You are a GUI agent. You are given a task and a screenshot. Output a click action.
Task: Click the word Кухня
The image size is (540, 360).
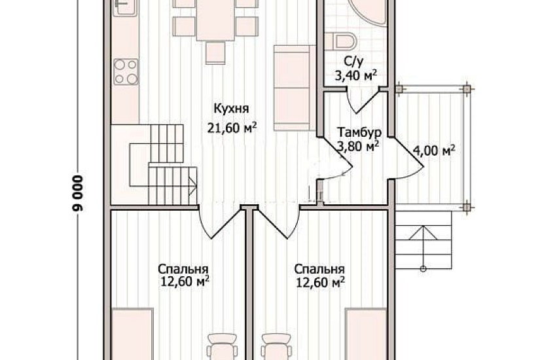(231, 109)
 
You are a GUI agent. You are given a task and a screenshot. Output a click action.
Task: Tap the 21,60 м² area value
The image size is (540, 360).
(232, 128)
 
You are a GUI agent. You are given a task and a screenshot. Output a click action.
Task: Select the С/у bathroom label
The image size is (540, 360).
(353, 62)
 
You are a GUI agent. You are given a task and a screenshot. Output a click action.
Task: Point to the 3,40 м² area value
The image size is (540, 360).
(356, 75)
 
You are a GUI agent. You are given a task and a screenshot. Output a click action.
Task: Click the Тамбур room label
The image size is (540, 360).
(359, 133)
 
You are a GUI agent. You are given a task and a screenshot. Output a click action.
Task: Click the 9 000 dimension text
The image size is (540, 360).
(78, 193)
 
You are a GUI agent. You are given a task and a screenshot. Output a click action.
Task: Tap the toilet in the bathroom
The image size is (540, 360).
(344, 41)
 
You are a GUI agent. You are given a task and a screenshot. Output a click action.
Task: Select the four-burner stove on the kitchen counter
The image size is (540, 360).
(126, 71)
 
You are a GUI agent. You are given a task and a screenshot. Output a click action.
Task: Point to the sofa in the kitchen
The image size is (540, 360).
(295, 88)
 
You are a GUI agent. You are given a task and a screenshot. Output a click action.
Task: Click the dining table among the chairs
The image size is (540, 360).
(215, 20)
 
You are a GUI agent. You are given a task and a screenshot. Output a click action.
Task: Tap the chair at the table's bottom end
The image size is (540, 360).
(215, 53)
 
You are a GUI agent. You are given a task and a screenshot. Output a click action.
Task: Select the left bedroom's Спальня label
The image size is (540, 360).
(183, 269)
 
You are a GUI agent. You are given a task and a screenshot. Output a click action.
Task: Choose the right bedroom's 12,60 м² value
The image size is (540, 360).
(321, 283)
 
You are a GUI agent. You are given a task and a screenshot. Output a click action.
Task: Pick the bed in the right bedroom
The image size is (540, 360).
(367, 334)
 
